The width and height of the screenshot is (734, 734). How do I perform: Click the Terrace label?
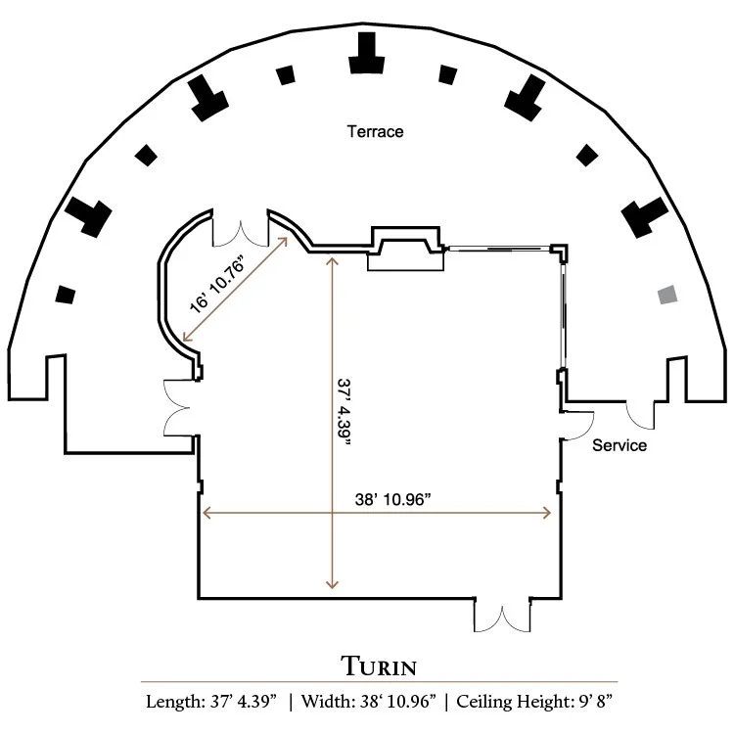tap(375, 131)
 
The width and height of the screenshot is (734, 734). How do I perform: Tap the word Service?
tap(619, 445)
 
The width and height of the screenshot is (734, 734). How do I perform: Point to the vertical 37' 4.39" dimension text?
tap(344, 412)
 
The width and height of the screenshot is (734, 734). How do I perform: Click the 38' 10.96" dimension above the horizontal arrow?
tap(392, 499)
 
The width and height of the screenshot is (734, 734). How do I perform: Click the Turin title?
tap(379, 666)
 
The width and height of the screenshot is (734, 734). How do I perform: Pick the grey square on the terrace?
tap(667, 295)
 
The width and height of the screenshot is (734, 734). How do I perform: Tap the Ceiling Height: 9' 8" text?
tap(534, 702)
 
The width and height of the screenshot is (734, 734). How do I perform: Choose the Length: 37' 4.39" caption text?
tap(211, 702)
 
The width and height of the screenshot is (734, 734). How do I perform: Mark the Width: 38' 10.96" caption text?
tap(368, 702)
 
